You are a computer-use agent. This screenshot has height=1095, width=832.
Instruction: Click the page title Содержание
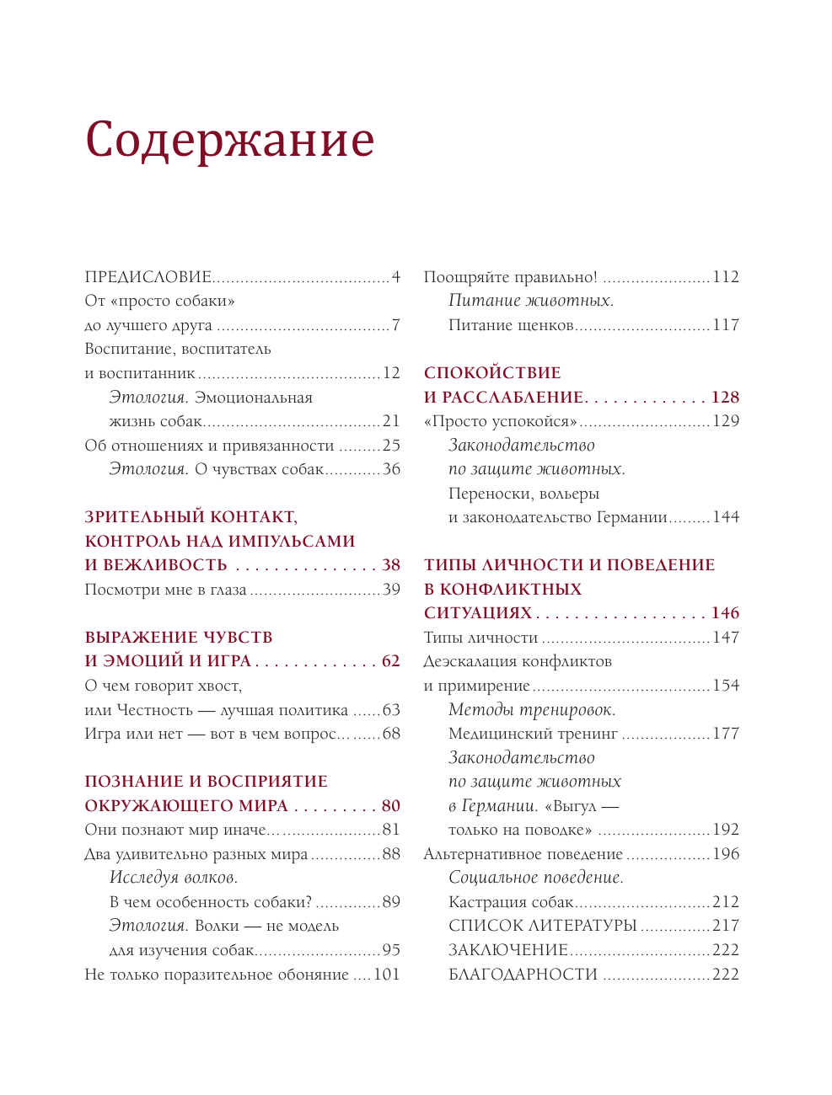pos(229,140)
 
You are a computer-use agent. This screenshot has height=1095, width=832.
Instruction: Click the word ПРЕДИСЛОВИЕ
pos(148,277)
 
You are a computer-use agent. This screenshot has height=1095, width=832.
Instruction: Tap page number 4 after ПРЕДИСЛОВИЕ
pos(395,277)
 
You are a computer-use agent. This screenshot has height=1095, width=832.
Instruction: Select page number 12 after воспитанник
pos(391,373)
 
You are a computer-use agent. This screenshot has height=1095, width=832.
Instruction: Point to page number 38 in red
pos(390,565)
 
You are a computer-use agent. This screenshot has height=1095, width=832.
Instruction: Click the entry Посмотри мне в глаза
pos(165,590)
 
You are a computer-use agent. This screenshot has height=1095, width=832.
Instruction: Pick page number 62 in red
pos(390,661)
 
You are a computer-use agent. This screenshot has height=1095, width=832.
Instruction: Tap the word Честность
pos(154,710)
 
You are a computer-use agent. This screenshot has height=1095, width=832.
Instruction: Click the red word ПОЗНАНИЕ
pos(132,782)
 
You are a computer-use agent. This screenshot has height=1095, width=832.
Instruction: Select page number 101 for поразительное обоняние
pos(386,975)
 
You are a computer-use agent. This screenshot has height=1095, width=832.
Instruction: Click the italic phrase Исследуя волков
pos(174,878)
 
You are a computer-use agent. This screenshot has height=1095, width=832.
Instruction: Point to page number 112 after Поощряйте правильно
pos(725,277)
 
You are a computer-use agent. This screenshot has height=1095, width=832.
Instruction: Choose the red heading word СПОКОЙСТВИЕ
pos(492,373)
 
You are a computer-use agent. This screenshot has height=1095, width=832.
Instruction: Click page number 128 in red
pos(725,398)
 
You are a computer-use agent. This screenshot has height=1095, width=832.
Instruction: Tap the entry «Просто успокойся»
pos(501,421)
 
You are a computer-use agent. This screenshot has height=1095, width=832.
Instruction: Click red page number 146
pos(725,613)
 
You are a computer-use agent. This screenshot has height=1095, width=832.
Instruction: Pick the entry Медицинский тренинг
pos(533,734)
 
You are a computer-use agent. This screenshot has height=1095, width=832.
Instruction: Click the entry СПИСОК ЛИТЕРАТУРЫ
pos(543,926)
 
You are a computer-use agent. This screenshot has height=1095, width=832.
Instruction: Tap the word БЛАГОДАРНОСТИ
pos(523,975)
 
